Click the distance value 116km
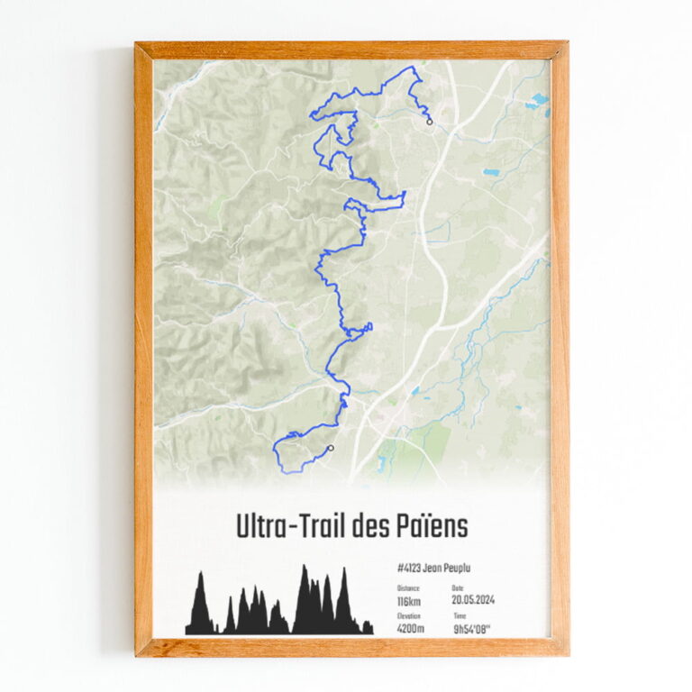pyautogui.click(x=408, y=601)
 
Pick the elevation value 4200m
pyautogui.click(x=411, y=629)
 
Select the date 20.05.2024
pyautogui.click(x=473, y=600)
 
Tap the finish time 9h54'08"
pyautogui.click(x=478, y=629)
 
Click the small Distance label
pyautogui.click(x=408, y=587)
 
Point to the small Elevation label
pyautogui.click(x=409, y=616)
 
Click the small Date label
pyautogui.click(x=457, y=587)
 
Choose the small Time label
pyautogui.click(x=460, y=616)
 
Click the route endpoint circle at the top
pyautogui.click(x=430, y=122)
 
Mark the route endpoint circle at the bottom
pyautogui.click(x=331, y=448)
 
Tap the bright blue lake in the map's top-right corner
pyautogui.click(x=540, y=99)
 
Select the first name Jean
pyautogui.click(x=433, y=569)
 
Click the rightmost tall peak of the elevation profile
pyautogui.click(x=342, y=573)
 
